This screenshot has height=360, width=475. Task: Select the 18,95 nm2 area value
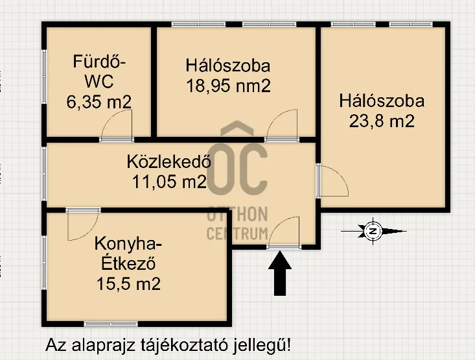click(x=227, y=86)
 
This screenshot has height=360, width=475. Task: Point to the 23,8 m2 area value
click(x=382, y=121)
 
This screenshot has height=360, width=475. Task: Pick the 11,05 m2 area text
click(x=169, y=182)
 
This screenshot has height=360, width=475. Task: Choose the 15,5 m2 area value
click(x=128, y=283)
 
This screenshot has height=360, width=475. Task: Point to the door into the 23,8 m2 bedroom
click(x=333, y=181)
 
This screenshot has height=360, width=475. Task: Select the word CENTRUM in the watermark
click(x=237, y=233)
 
